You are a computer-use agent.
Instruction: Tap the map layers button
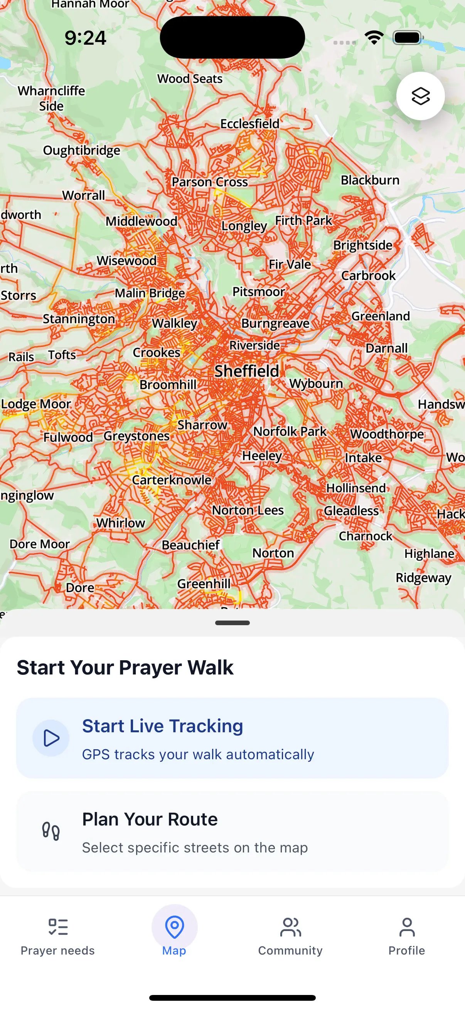(x=420, y=96)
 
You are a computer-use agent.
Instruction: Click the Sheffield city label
(x=246, y=371)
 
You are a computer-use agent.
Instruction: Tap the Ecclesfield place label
(x=249, y=124)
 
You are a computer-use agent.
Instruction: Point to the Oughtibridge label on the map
(x=82, y=150)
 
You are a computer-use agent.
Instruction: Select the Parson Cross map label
(x=210, y=182)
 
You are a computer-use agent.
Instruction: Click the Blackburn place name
(x=370, y=180)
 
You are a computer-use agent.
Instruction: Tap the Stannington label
(x=79, y=319)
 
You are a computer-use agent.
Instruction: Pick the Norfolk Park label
(x=290, y=431)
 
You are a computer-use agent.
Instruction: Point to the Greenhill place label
(x=204, y=584)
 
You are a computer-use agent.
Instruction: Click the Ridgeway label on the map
(x=423, y=577)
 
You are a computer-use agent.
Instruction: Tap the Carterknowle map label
(x=172, y=480)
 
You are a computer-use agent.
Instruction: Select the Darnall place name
(x=386, y=348)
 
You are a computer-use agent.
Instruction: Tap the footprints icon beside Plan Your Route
(x=51, y=831)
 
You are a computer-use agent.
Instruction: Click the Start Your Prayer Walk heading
(x=125, y=667)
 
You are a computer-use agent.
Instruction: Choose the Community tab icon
(x=290, y=928)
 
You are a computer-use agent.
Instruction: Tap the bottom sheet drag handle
(x=232, y=622)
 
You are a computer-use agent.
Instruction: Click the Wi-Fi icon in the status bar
(x=374, y=38)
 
